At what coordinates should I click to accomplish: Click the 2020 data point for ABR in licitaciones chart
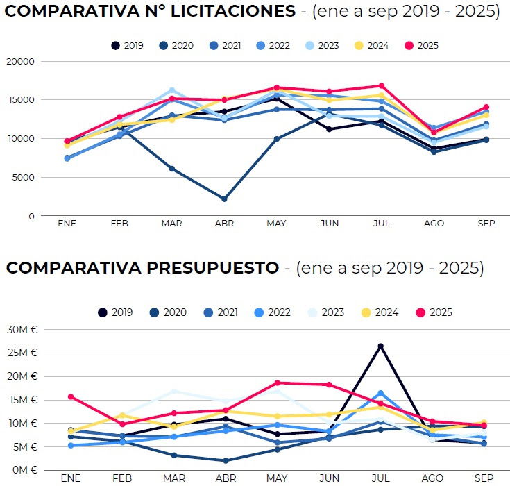(224, 199)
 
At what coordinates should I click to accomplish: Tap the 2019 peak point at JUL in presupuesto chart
(380, 346)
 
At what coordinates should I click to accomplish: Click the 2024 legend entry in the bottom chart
(380, 312)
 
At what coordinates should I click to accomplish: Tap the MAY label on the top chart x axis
(276, 224)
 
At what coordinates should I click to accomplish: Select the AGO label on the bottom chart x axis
(433, 478)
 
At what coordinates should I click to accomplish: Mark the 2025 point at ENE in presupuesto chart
(70, 396)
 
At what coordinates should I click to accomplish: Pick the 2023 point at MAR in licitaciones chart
(171, 90)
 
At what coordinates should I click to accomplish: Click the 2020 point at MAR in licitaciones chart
(171, 169)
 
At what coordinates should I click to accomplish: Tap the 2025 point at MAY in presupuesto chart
(277, 383)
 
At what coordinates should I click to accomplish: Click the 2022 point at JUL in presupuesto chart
(380, 393)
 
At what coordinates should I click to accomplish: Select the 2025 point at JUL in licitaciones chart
(380, 86)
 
